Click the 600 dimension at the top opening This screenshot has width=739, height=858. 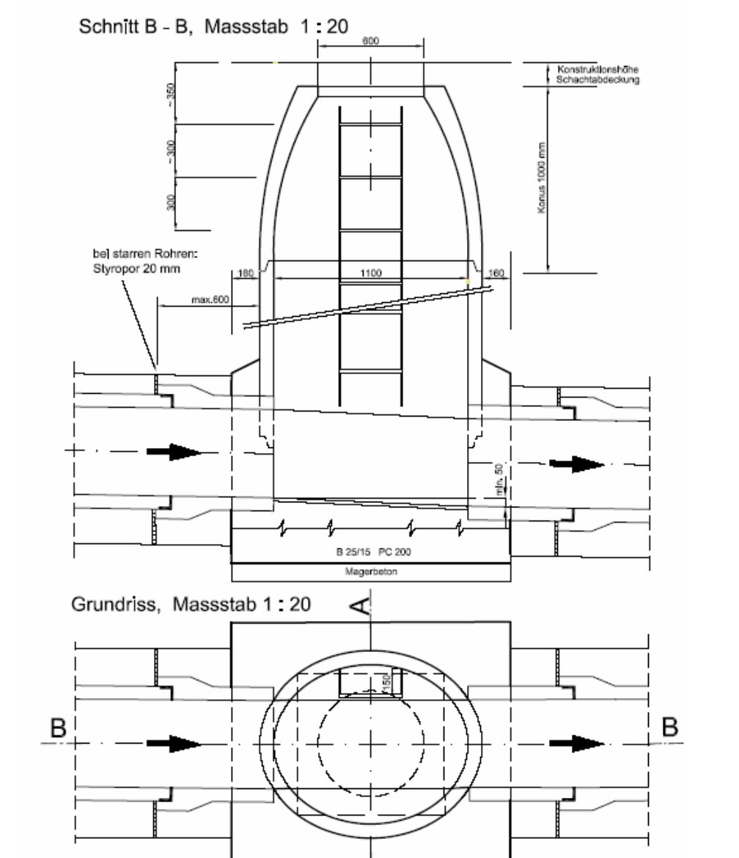[370, 41]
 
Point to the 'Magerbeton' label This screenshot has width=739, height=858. [370, 573]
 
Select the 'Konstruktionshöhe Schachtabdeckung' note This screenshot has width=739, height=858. [598, 75]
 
